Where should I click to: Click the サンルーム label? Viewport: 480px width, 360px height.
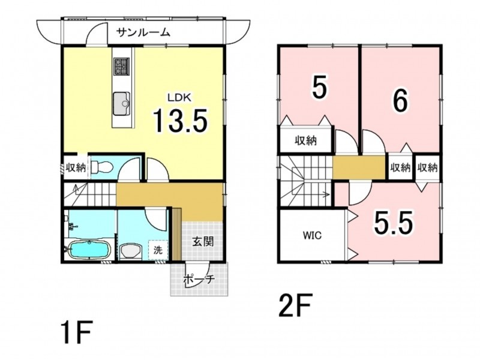[143, 32]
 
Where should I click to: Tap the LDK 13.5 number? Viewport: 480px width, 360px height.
[181, 121]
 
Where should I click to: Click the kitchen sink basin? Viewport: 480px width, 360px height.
[122, 103]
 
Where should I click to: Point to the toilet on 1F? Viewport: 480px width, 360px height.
[102, 167]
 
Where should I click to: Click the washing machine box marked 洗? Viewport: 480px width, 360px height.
[158, 250]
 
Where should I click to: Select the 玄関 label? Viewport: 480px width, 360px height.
[203, 242]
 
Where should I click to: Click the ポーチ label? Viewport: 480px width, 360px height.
[199, 280]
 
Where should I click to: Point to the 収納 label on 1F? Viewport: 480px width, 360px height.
[76, 167]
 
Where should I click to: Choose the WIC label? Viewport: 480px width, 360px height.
[312, 235]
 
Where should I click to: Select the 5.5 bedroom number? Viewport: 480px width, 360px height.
[393, 223]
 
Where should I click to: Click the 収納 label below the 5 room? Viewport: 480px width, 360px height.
[305, 140]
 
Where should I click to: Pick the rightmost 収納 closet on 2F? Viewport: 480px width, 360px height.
[428, 167]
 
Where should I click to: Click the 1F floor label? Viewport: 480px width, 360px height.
[77, 333]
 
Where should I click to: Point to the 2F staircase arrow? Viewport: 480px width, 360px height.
[310, 193]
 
